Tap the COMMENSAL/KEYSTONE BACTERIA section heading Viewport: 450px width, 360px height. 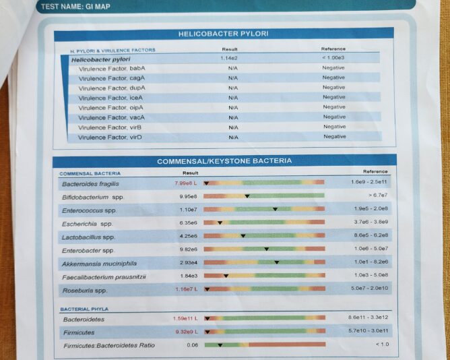(x=224, y=161)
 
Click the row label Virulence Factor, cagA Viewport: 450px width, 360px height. (x=112, y=78)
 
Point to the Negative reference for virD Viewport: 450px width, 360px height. (x=334, y=136)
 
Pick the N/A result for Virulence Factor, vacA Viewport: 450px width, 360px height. (x=233, y=117)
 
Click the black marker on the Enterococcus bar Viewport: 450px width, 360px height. (x=275, y=209)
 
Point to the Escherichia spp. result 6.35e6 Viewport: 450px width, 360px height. (x=188, y=223)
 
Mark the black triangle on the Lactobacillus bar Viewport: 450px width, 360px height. (x=243, y=236)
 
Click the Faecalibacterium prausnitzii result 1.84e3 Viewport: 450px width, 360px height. (x=188, y=276)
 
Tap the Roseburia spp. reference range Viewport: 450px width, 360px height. (x=370, y=288)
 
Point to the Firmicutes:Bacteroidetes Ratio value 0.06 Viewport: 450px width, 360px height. (x=193, y=345)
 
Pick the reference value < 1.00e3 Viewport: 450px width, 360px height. (x=333, y=58)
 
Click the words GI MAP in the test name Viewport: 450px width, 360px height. (x=96, y=6)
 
